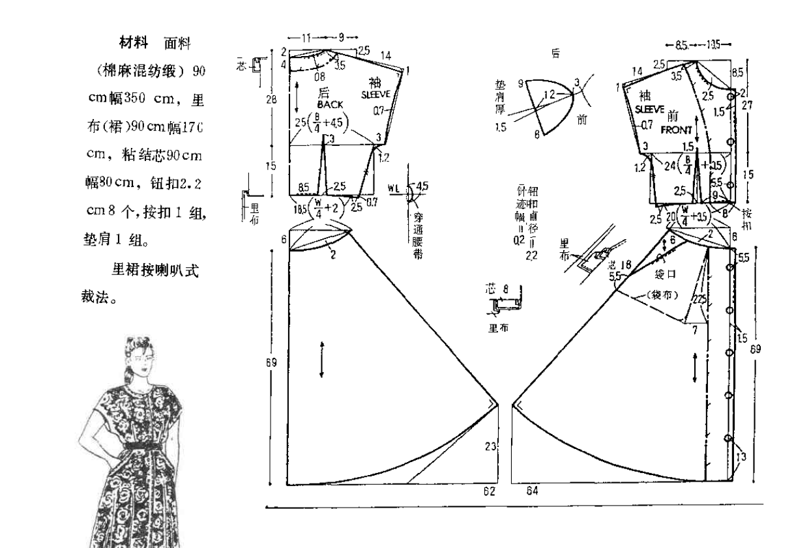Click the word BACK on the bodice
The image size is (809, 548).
(331, 104)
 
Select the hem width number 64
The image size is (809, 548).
(531, 491)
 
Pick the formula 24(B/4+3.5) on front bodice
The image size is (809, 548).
(698, 164)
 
